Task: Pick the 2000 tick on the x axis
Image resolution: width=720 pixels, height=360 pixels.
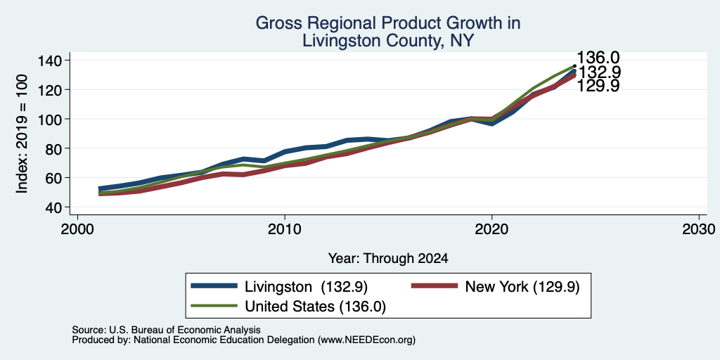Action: click(x=77, y=229)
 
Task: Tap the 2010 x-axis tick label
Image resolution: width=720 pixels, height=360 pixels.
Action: click(x=285, y=229)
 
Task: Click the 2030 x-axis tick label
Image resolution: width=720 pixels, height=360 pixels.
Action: click(x=699, y=229)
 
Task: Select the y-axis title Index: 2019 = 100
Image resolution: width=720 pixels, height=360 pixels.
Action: click(x=22, y=134)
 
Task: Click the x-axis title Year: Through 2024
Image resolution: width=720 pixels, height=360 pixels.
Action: click(x=388, y=259)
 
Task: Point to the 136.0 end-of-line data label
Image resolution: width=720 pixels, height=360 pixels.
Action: click(x=598, y=58)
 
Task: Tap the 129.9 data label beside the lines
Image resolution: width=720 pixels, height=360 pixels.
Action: click(x=598, y=86)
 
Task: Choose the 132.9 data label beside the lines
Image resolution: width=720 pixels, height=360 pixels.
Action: click(x=599, y=72)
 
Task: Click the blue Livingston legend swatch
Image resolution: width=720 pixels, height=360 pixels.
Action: click(x=214, y=287)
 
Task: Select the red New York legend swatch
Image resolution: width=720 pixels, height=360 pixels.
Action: click(x=435, y=287)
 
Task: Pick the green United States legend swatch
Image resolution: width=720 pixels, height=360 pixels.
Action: click(x=214, y=306)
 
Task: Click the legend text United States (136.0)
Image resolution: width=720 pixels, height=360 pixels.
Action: click(x=315, y=307)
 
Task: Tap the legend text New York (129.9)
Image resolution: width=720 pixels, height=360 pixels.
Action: click(x=522, y=287)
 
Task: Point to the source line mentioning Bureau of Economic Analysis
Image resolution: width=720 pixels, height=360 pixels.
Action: click(x=166, y=330)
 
